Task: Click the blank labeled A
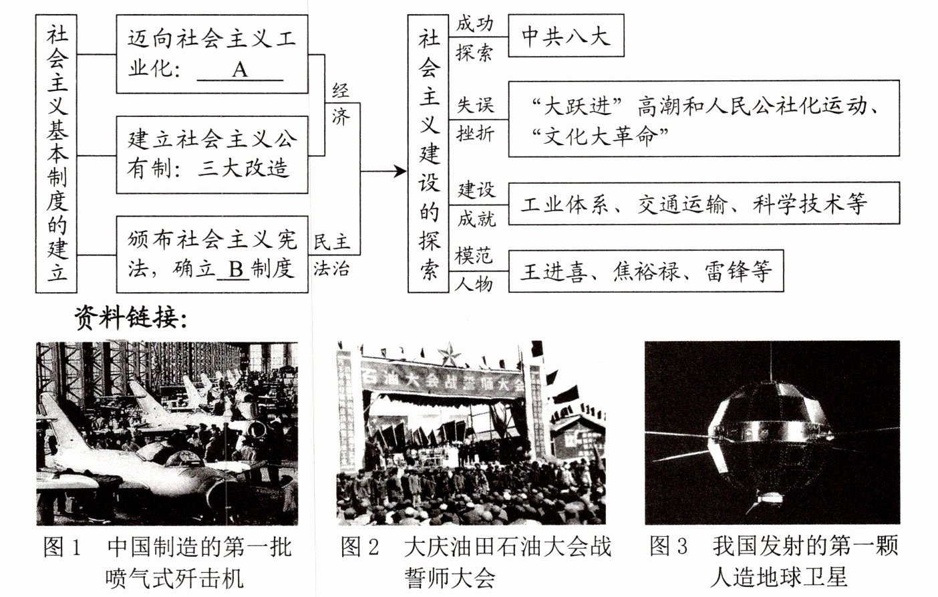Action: [240, 70]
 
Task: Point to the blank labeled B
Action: [234, 269]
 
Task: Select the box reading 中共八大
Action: [565, 35]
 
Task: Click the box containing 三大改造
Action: [212, 154]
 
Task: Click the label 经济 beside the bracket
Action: [340, 104]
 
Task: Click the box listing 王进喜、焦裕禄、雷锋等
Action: [645, 271]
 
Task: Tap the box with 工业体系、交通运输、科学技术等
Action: [703, 203]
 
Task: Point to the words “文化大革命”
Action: [599, 136]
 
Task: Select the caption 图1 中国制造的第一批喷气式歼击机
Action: [167, 562]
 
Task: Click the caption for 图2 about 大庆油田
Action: [475, 562]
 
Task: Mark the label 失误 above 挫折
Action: [475, 105]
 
